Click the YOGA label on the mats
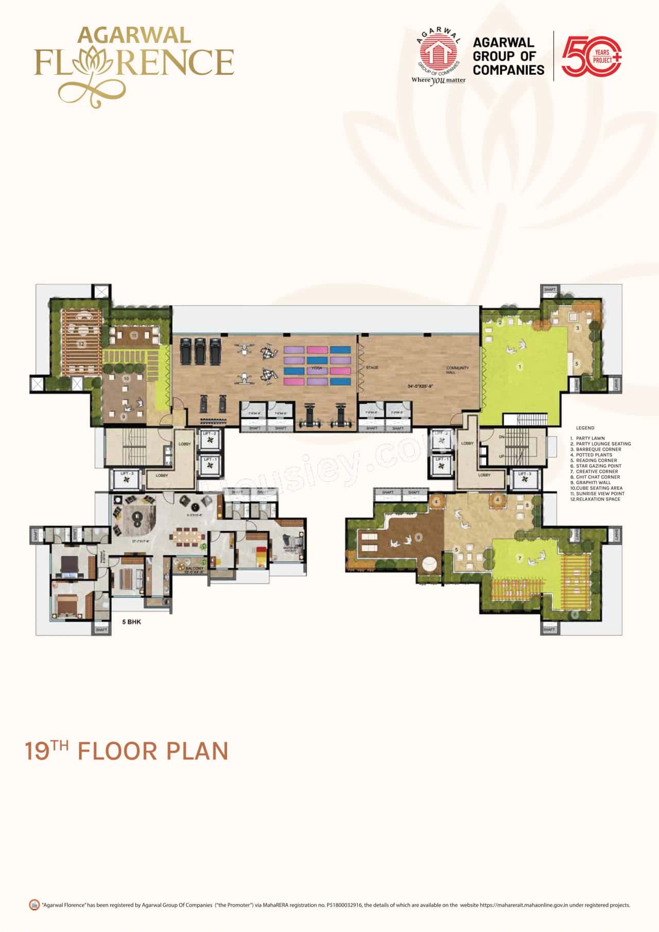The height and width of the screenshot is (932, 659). (x=317, y=368)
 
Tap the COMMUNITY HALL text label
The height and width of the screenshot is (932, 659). (x=457, y=370)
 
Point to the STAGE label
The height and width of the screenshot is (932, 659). (x=372, y=368)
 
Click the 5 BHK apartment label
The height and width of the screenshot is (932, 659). (x=131, y=622)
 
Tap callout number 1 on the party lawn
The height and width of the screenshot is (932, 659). (x=520, y=367)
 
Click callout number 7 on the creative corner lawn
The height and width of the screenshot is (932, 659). (x=520, y=558)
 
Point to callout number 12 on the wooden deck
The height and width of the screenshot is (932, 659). (x=81, y=343)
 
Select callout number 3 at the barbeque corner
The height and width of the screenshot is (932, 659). (x=578, y=328)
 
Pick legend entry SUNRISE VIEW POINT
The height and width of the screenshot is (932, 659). (x=600, y=493)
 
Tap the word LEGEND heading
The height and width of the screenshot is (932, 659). (x=585, y=428)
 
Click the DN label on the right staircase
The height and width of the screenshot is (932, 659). (x=501, y=437)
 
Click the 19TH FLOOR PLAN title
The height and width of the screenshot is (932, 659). (x=127, y=751)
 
